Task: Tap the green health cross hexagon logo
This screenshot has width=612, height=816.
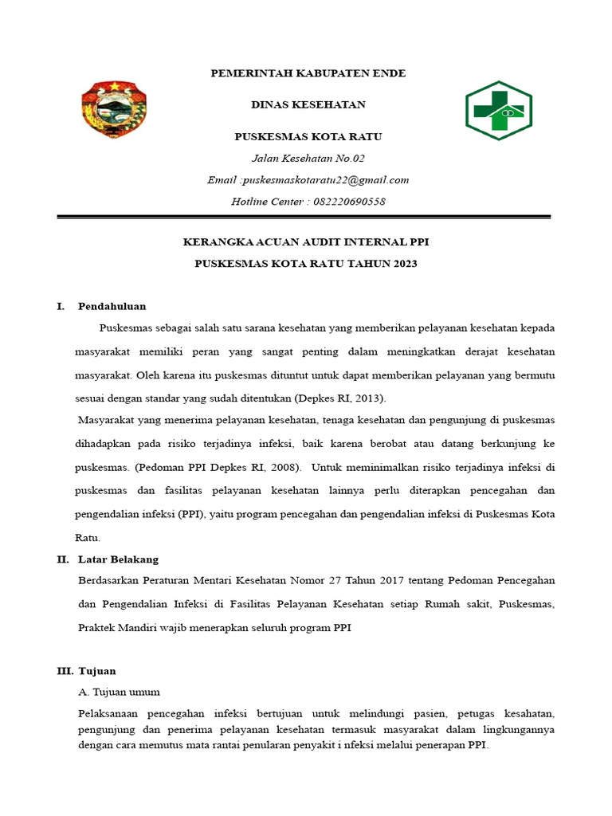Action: pos(499,111)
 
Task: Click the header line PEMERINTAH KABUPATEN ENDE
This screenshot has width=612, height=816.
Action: pos(308,73)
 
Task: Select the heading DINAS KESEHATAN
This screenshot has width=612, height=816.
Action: pos(308,104)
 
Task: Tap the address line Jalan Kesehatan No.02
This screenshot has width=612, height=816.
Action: pos(308,159)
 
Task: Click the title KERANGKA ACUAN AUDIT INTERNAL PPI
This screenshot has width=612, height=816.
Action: pos(307,242)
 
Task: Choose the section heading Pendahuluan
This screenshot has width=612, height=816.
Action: pos(112,306)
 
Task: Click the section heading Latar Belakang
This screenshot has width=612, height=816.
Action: pos(118,559)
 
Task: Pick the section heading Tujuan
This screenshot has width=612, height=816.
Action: pos(96,671)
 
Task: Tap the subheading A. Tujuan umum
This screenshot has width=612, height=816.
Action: pos(119,692)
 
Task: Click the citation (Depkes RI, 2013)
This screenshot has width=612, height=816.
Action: pos(340,398)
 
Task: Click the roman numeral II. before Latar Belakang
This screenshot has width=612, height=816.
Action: pos(63,559)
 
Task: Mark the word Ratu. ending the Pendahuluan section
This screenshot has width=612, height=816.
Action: pos(88,538)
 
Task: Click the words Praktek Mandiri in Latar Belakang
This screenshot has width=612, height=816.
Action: pos(115,628)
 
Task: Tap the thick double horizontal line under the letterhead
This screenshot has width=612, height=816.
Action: pos(304,217)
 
